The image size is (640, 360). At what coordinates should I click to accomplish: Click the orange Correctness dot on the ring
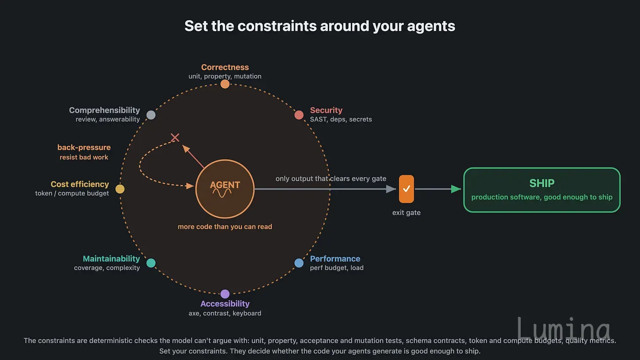[225, 84]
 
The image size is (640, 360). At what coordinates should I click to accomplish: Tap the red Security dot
[299, 115]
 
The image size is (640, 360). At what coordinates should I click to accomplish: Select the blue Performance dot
[299, 263]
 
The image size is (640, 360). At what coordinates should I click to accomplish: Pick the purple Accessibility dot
[225, 294]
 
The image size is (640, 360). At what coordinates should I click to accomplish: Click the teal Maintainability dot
[151, 263]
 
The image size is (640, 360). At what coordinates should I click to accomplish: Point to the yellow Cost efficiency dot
[120, 189]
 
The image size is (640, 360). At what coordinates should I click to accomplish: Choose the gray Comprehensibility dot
[151, 115]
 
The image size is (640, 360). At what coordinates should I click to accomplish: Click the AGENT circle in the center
[225, 189]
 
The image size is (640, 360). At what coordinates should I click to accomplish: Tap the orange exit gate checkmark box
[406, 189]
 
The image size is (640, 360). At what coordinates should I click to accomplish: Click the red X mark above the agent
[175, 138]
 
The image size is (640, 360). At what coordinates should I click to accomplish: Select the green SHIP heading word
[542, 183]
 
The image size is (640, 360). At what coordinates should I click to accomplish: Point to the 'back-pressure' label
[84, 147]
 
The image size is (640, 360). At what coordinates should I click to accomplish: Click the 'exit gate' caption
[406, 213]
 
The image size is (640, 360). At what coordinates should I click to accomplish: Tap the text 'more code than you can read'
[225, 226]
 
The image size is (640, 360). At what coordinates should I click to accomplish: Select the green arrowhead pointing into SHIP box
[456, 189]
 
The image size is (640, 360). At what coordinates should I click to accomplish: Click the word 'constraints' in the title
[277, 26]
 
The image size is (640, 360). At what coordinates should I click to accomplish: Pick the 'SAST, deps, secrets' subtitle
[341, 120]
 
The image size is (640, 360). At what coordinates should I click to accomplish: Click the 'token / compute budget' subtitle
[72, 193]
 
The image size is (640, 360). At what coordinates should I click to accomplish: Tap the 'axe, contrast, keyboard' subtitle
[225, 313]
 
